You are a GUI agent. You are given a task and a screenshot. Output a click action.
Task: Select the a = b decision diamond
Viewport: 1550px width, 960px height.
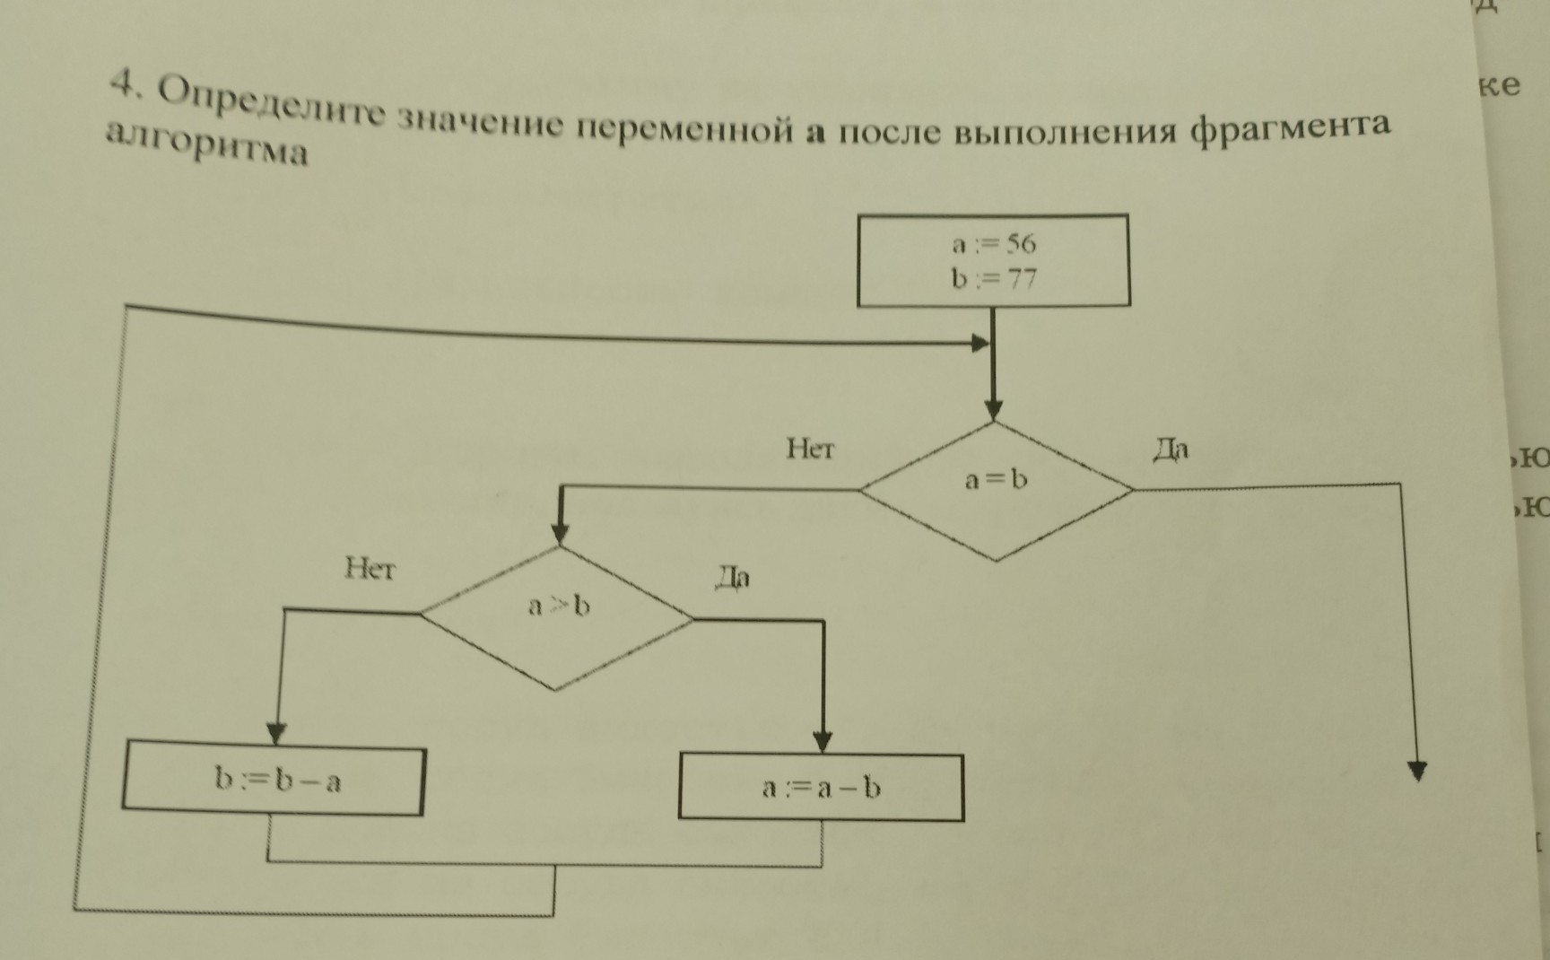pos(996,490)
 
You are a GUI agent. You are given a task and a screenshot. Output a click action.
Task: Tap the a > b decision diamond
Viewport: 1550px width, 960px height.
pos(557,616)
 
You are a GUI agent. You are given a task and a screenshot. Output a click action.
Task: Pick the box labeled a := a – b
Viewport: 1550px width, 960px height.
pos(821,788)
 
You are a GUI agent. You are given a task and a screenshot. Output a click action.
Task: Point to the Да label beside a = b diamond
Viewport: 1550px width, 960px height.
pos(1171,449)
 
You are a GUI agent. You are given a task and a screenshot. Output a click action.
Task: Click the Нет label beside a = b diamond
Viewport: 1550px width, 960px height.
pos(810,449)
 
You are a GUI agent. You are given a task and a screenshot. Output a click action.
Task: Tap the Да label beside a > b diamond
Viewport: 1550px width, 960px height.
pos(732,578)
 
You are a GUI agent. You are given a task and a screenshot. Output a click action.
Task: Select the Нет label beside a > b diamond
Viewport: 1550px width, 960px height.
pos(370,569)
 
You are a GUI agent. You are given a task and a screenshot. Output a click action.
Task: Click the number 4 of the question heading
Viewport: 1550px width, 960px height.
pos(123,86)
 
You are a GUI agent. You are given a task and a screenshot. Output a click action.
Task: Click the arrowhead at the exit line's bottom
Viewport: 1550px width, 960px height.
pos(1417,772)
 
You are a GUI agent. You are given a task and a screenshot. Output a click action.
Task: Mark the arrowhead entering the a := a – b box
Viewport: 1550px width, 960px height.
pos(823,742)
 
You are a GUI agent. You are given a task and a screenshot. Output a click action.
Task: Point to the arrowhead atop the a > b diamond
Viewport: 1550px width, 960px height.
pos(561,534)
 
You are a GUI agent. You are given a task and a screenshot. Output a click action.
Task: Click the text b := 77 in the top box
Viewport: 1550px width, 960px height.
pos(994,280)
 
